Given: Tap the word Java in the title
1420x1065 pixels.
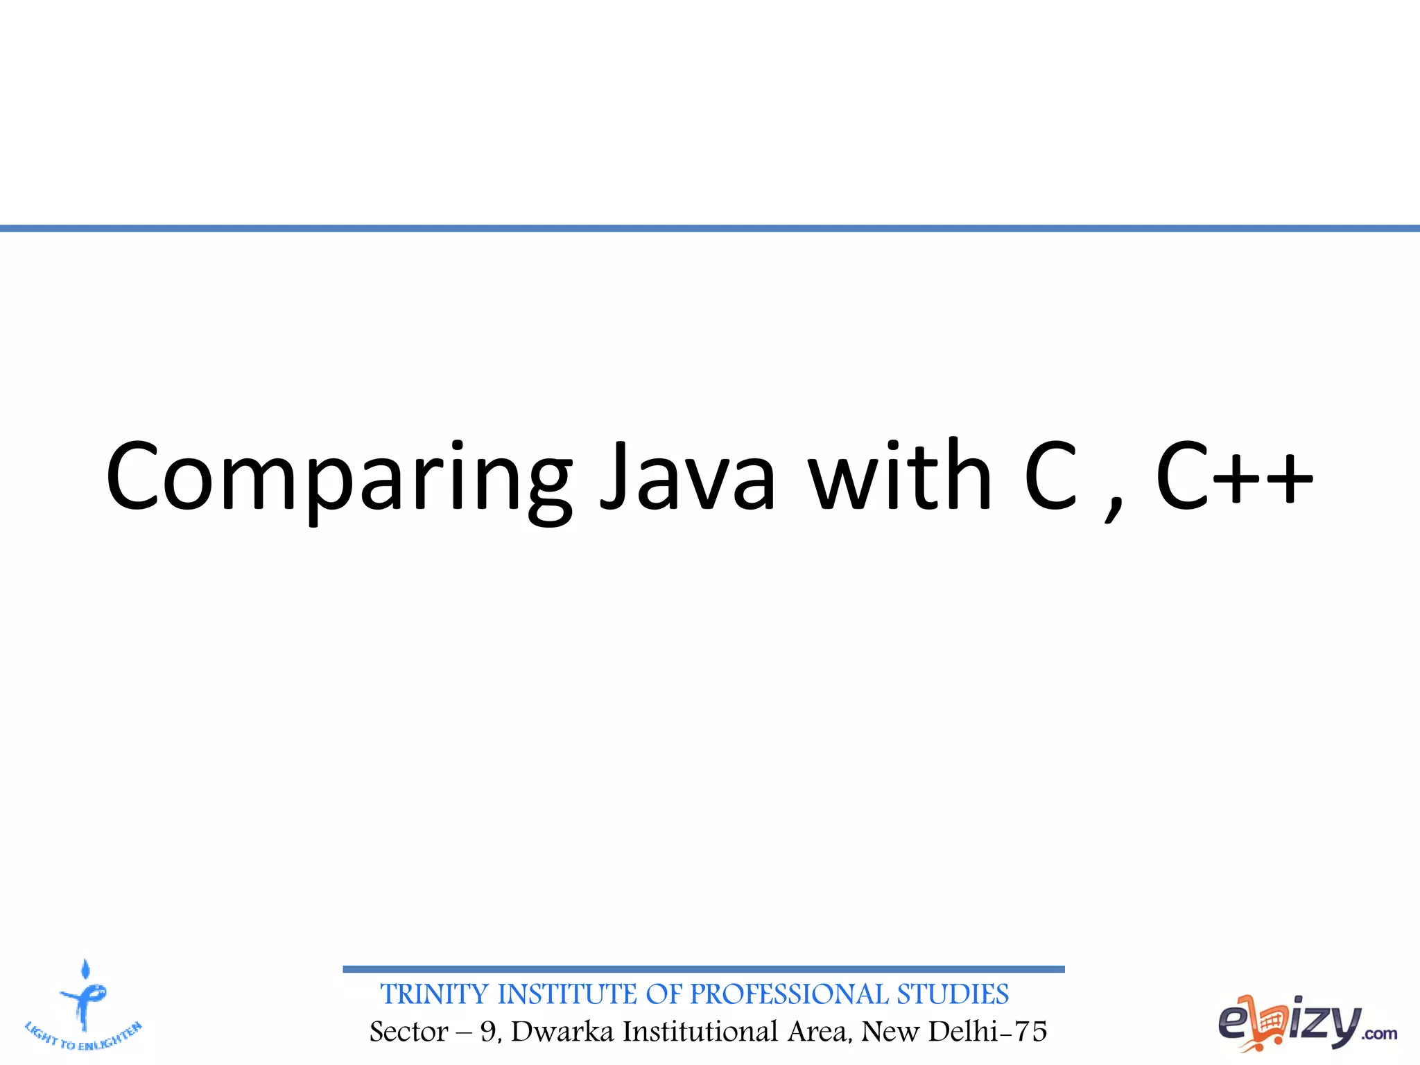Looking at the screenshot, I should [x=686, y=477].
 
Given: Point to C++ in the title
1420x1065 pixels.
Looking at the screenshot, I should [x=1234, y=477].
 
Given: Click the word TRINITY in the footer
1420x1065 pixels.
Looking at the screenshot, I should [x=435, y=994].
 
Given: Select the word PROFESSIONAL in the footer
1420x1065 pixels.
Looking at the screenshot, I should [x=789, y=994].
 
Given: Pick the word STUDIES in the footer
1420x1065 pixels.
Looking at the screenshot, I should [x=953, y=994].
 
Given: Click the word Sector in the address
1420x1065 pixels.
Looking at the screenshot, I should [x=409, y=1032].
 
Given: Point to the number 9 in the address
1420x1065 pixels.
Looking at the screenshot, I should [x=489, y=1032].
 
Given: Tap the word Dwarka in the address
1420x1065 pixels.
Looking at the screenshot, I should [x=562, y=1032].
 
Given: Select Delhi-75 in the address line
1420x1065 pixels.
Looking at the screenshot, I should [x=987, y=1032].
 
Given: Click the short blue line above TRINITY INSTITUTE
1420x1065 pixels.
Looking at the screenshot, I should [x=703, y=969].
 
